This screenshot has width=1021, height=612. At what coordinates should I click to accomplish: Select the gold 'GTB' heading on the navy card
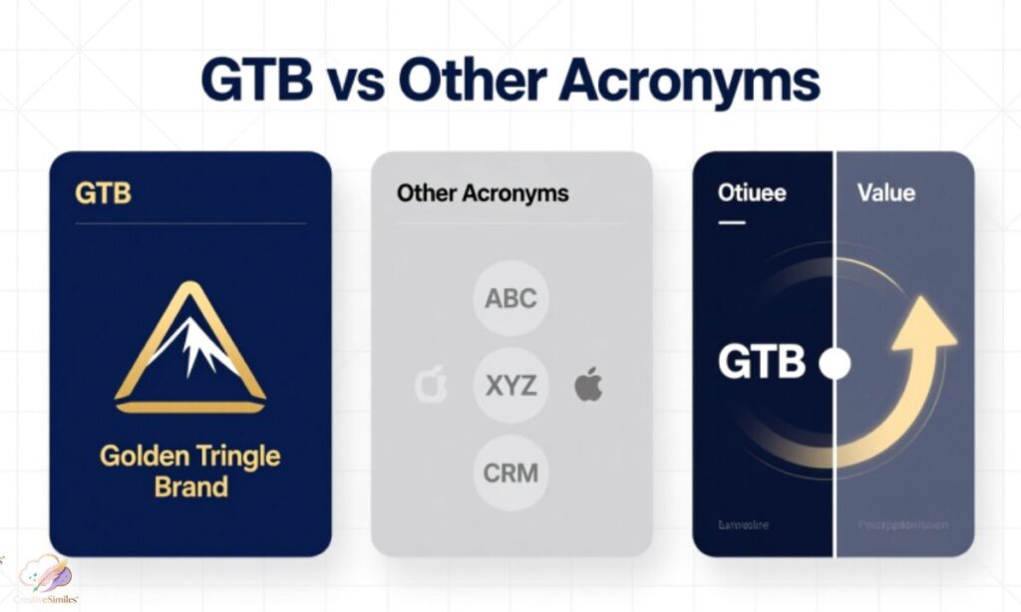pyautogui.click(x=103, y=192)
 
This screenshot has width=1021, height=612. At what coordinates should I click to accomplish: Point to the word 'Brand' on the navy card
pyautogui.click(x=190, y=487)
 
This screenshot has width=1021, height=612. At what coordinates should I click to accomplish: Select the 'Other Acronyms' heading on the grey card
pyautogui.click(x=483, y=193)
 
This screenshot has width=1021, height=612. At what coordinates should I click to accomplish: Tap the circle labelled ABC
pyautogui.click(x=510, y=298)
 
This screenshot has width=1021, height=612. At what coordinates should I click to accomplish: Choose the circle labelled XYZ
pyautogui.click(x=510, y=385)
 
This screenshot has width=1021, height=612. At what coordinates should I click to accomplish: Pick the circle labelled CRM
pyautogui.click(x=510, y=472)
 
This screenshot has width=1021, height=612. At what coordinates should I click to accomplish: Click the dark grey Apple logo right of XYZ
pyautogui.click(x=588, y=384)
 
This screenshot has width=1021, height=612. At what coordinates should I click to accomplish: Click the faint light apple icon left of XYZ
pyautogui.click(x=431, y=385)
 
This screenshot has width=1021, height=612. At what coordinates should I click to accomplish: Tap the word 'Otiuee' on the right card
pyautogui.click(x=752, y=192)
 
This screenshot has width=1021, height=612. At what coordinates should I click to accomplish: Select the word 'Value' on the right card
pyautogui.click(x=885, y=191)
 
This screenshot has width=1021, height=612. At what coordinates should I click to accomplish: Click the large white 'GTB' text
pyautogui.click(x=761, y=363)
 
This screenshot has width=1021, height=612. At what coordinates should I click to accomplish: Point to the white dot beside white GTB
pyautogui.click(x=834, y=364)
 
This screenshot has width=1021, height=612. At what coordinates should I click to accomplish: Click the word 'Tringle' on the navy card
pyautogui.click(x=236, y=458)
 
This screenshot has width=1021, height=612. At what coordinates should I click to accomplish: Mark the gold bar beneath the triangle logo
pyautogui.click(x=189, y=407)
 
